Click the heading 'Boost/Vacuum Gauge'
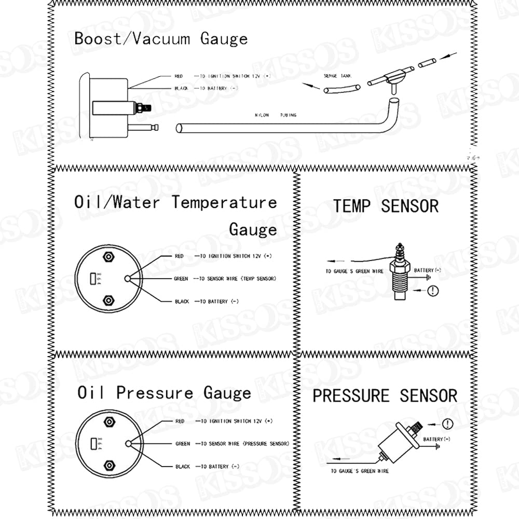click(x=161, y=39)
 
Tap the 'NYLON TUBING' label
click(x=275, y=115)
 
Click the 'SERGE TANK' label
click(x=337, y=76)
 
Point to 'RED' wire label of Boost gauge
click(x=179, y=76)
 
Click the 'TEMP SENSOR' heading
click(x=386, y=206)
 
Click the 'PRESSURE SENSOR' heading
click(x=385, y=396)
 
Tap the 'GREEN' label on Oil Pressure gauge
click(x=183, y=444)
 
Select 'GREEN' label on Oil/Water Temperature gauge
click(x=181, y=279)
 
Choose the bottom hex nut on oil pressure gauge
click(x=108, y=465)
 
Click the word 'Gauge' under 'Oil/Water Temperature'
click(x=253, y=229)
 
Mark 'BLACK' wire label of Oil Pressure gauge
click(x=183, y=467)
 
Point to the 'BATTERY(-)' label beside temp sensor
click(x=427, y=270)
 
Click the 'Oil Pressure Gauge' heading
click(x=164, y=393)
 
